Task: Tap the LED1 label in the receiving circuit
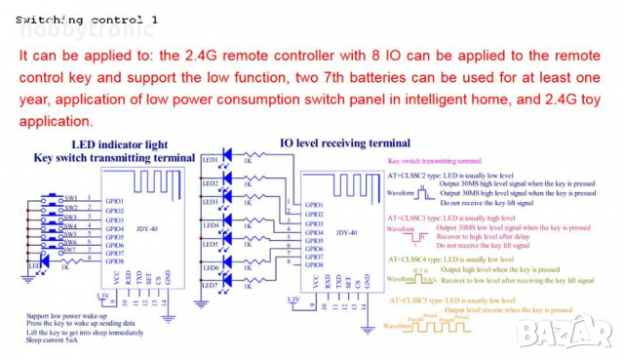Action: (209, 159)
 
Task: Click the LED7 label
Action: (209, 285)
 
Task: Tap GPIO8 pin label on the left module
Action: (114, 261)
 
